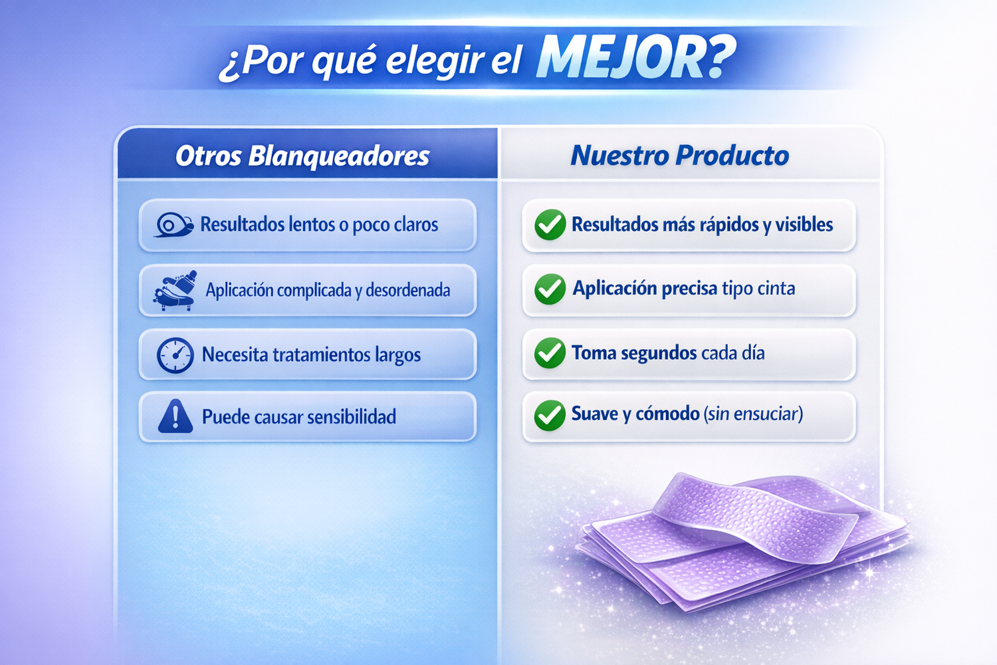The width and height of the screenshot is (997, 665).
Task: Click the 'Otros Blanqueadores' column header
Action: tap(302, 156)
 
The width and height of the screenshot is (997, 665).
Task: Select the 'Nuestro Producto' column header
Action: tap(680, 156)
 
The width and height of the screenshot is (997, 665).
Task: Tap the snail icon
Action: tap(173, 225)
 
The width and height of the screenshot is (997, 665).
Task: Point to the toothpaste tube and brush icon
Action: tap(174, 290)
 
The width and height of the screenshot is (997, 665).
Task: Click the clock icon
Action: tap(175, 355)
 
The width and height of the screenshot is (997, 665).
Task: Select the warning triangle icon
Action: tap(175, 416)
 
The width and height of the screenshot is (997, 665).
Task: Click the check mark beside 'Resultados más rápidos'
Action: tap(550, 225)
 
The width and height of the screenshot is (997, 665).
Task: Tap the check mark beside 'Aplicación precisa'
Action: tap(550, 289)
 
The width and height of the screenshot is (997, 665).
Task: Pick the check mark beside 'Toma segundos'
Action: tap(550, 352)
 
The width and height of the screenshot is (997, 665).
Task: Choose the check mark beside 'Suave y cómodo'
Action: tap(550, 416)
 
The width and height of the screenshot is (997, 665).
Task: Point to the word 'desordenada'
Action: tap(407, 291)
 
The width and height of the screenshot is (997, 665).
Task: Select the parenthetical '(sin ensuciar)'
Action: tap(754, 414)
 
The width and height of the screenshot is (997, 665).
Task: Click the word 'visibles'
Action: tap(804, 225)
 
